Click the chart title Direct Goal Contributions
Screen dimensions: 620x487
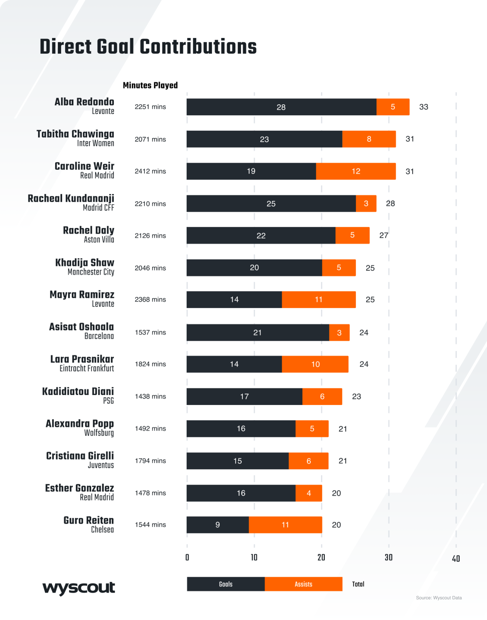click(x=148, y=47)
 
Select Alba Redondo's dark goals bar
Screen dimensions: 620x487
click(x=281, y=107)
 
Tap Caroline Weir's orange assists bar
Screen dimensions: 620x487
click(x=356, y=171)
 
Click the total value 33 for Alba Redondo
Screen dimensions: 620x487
click(x=423, y=107)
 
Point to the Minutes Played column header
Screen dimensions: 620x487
click(x=150, y=85)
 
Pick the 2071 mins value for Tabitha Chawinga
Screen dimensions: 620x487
click(x=150, y=139)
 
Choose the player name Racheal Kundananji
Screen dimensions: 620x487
click(x=71, y=198)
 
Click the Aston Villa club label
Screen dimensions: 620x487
click(x=99, y=240)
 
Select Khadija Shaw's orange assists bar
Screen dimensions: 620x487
click(x=339, y=268)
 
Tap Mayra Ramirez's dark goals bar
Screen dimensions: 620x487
click(x=234, y=300)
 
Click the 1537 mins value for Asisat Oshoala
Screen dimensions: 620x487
click(x=150, y=332)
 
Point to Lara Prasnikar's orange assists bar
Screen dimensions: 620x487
click(x=315, y=364)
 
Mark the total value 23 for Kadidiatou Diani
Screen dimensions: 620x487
click(x=356, y=397)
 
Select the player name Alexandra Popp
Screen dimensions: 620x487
click(x=80, y=423)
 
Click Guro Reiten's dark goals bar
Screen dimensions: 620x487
click(x=217, y=525)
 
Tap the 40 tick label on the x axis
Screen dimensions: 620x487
click(x=456, y=559)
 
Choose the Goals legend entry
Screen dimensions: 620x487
click(x=226, y=584)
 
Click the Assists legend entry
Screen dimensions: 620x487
click(x=303, y=584)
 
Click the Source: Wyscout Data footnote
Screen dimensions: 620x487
click(x=439, y=598)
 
